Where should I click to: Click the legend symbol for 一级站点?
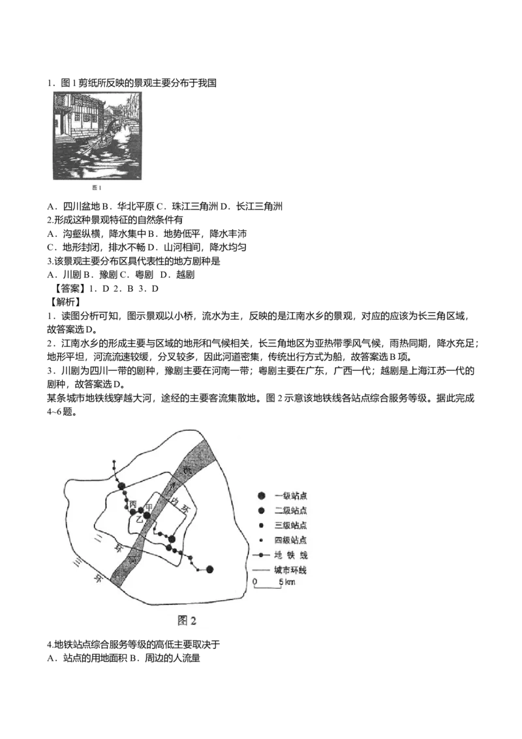tap(262, 495)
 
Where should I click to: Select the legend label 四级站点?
tap(290, 540)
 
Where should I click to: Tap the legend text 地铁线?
tap(290, 555)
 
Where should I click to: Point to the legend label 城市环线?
tap(290, 570)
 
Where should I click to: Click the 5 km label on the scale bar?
tap(287, 582)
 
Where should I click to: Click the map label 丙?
tap(133, 505)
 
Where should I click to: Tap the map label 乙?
tap(139, 519)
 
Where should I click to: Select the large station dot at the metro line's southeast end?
tap(209, 569)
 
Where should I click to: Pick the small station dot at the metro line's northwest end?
tap(114, 461)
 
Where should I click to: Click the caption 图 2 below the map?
tap(187, 620)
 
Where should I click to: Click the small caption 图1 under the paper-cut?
tap(97, 187)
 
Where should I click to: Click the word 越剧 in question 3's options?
tap(185, 274)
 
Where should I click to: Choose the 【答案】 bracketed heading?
tap(67, 289)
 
